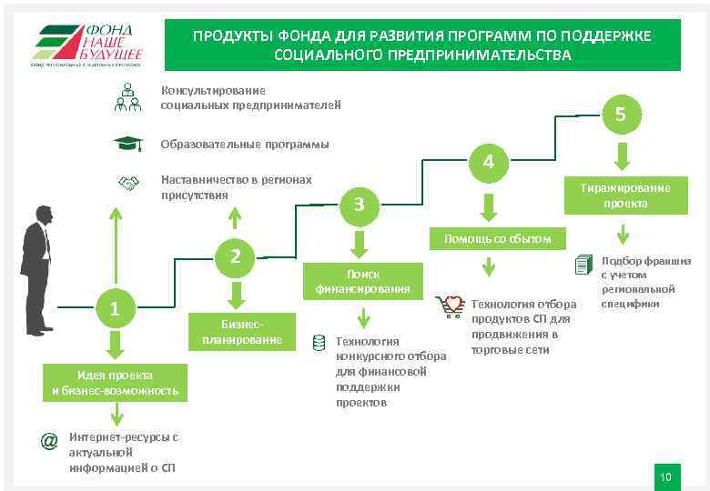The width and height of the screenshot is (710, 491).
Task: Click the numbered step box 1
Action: point(115,309)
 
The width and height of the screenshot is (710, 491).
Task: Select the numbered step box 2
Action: point(235,257)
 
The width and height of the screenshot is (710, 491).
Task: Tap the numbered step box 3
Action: point(360,205)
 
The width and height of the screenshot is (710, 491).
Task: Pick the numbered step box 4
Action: point(489,163)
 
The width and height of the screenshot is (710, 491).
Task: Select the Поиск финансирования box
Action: point(362,281)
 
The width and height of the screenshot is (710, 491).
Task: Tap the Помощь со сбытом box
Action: point(497,239)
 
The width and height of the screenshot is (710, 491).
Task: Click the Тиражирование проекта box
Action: point(624,195)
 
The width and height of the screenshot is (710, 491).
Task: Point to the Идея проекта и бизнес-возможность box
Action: point(115,383)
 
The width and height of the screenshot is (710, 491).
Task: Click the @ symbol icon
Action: point(49,440)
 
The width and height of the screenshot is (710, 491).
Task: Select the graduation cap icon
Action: point(127,144)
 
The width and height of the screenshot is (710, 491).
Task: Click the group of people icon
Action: point(127,97)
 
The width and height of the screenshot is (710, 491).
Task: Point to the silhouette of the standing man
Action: point(37,268)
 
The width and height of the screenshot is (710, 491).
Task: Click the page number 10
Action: point(665,477)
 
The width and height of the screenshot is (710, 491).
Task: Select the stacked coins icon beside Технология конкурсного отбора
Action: point(319,342)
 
